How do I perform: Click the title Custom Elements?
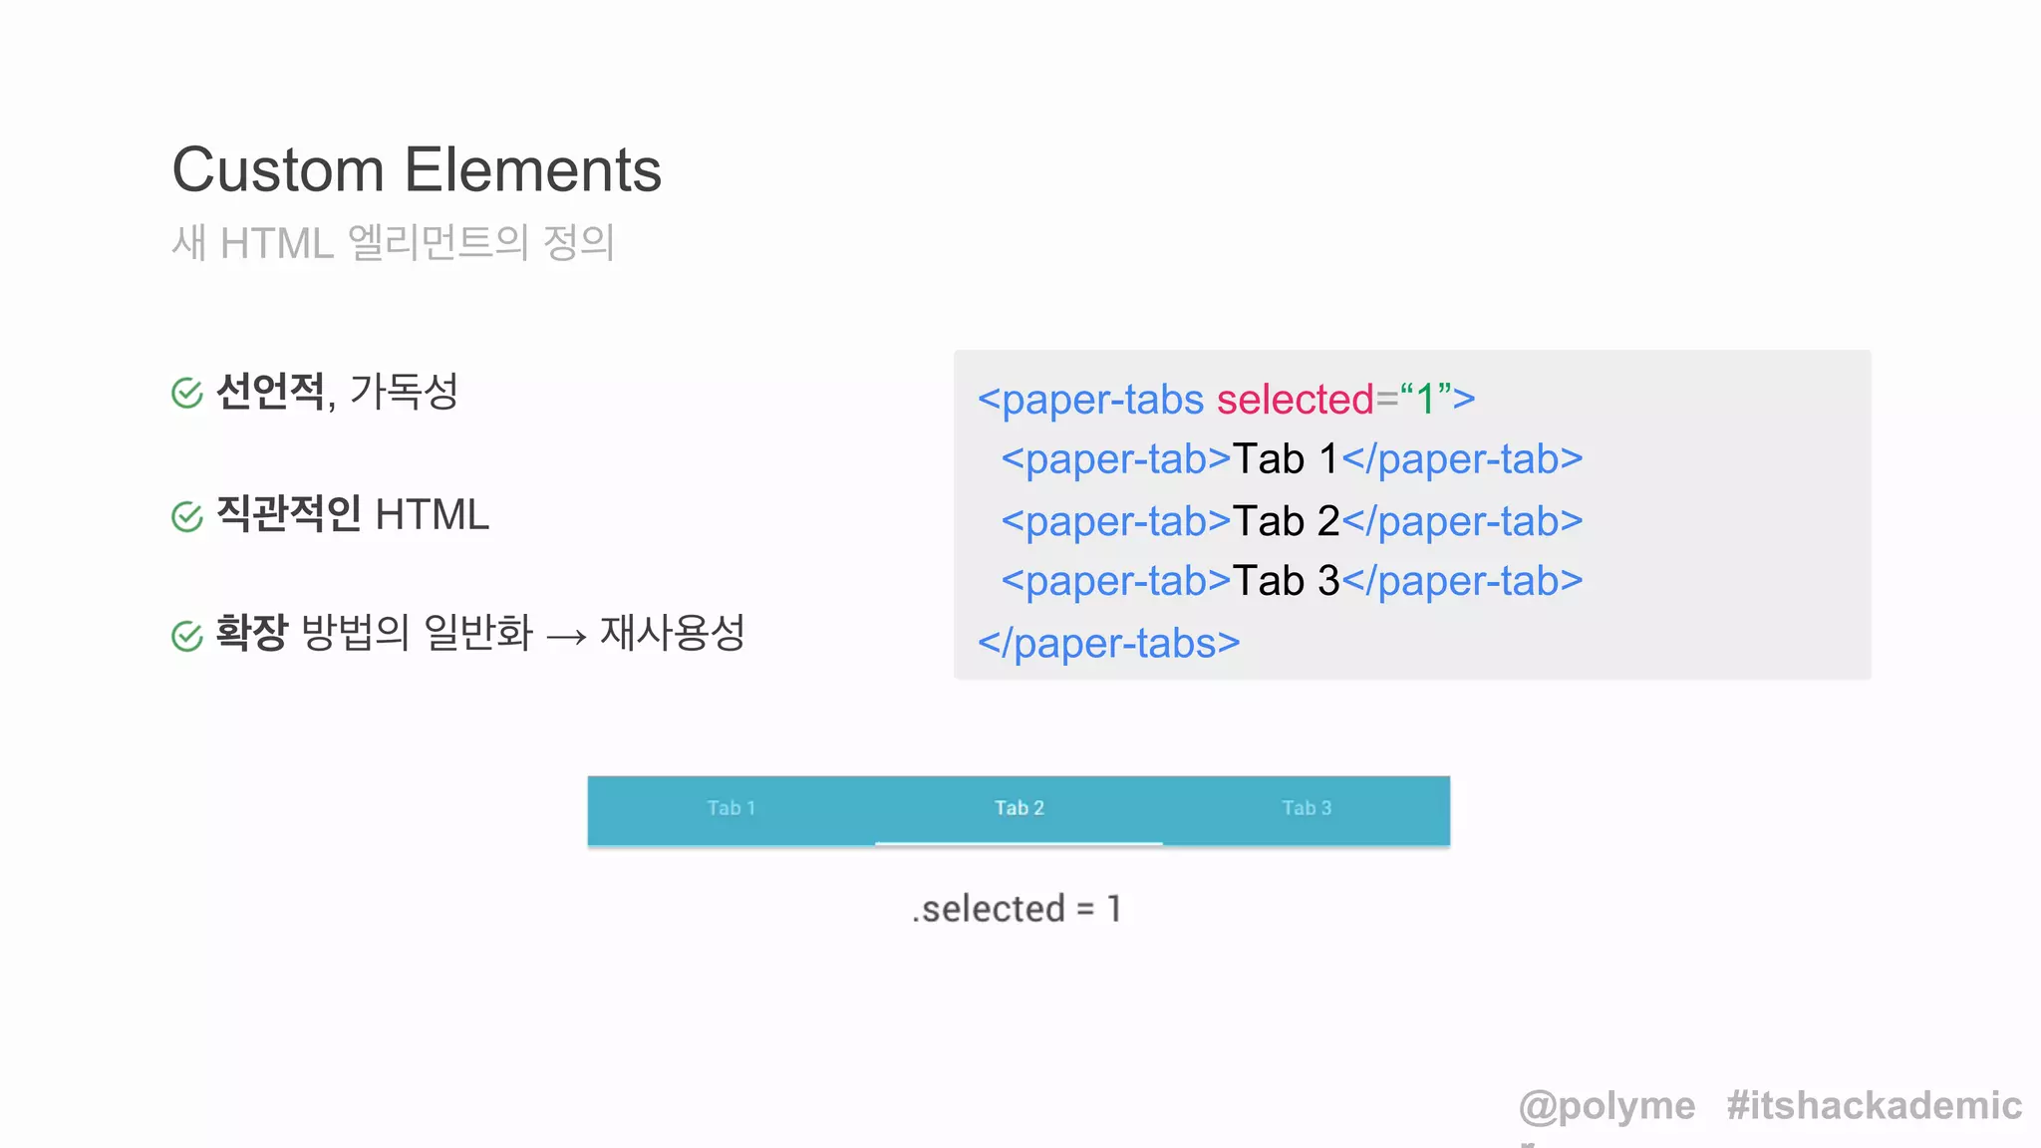coord(417,169)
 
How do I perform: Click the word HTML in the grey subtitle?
coord(276,243)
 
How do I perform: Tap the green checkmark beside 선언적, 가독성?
coord(187,393)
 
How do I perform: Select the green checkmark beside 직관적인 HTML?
coord(187,516)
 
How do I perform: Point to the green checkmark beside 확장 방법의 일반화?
coord(187,635)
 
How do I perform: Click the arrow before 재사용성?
coord(566,636)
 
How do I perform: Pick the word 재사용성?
coord(672,632)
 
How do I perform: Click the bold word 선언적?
coord(270,391)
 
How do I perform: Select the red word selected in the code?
coord(1295,400)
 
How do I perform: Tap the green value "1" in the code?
coord(1425,399)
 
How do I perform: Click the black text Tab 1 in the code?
coord(1286,459)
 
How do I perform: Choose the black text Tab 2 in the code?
coord(1286,521)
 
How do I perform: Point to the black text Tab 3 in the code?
coord(1286,581)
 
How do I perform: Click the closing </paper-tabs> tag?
coord(1108,644)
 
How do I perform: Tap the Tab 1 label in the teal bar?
coord(731,808)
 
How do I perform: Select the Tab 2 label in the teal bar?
coord(1019,808)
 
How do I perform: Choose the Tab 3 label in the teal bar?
coord(1307,808)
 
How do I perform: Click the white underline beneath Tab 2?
coord(1019,843)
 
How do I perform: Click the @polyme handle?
coord(1606,1106)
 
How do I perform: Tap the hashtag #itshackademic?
coord(1874,1106)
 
